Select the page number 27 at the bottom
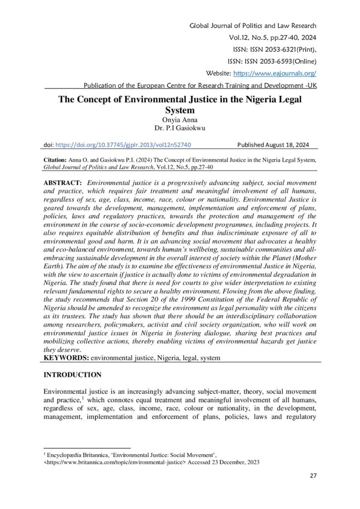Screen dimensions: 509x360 click(x=313, y=476)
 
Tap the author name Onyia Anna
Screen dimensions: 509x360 click(x=180, y=120)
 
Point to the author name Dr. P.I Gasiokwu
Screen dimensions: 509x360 click(x=180, y=128)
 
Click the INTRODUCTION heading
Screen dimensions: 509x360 click(x=73, y=374)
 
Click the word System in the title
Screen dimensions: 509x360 click(x=180, y=110)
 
